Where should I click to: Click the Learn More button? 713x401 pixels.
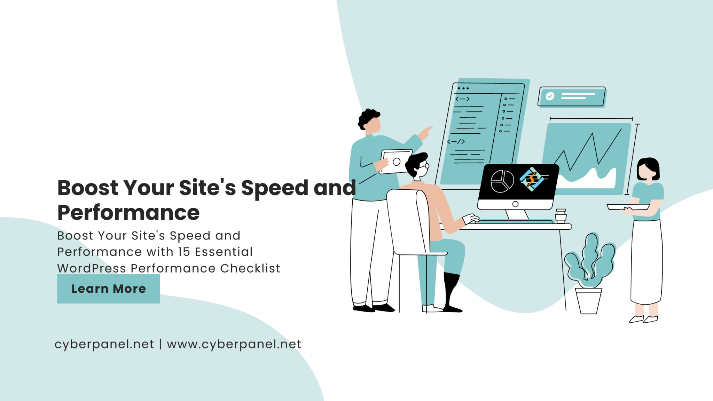tap(108, 289)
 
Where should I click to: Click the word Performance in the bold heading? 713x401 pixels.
tap(128, 213)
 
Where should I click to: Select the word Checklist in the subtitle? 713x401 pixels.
tap(250, 268)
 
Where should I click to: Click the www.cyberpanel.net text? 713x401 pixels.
tap(234, 344)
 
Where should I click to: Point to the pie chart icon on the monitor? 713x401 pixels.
tap(502, 181)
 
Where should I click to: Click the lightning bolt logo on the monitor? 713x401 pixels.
tap(532, 179)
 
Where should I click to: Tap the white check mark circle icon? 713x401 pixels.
tap(550, 96)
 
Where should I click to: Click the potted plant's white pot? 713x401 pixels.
tap(588, 301)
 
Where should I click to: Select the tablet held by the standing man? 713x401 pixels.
tap(396, 162)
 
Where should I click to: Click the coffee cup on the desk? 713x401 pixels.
tap(561, 216)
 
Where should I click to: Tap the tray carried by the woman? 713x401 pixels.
tap(628, 207)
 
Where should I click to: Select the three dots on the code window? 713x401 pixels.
tap(463, 88)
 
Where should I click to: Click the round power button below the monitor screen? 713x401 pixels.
tap(516, 204)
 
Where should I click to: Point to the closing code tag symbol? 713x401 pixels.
tap(456, 141)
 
